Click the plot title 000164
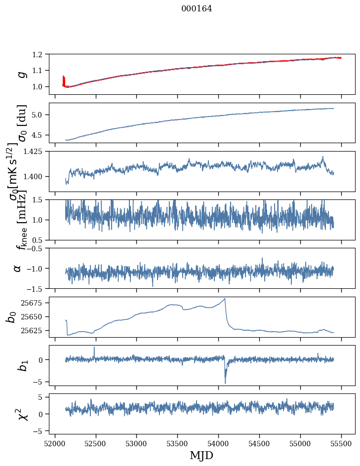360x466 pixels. point(197,9)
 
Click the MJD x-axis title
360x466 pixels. point(201,455)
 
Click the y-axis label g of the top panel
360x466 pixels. point(21,74)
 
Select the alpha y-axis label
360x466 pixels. point(18,268)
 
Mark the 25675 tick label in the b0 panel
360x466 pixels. point(34,303)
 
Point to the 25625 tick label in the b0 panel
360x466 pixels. point(34,330)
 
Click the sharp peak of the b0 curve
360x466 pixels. point(225,299)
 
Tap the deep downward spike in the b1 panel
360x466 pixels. point(225,383)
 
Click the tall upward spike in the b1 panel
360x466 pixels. point(94,347)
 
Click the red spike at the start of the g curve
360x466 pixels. point(64,79)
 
